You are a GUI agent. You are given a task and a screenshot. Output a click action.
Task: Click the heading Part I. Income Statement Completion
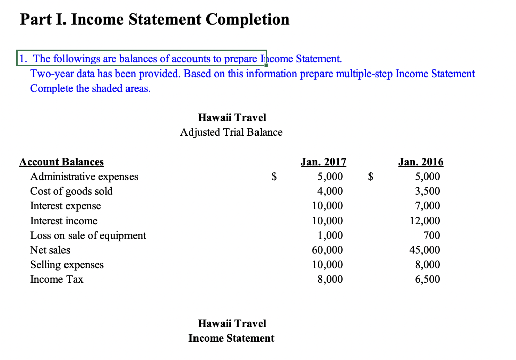pyautogui.click(x=155, y=20)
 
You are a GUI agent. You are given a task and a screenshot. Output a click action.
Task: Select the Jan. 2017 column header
pyautogui.click(x=323, y=162)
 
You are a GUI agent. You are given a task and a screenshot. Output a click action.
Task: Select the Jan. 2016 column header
pyautogui.click(x=421, y=162)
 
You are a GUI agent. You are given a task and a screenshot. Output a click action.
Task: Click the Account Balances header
pyautogui.click(x=61, y=162)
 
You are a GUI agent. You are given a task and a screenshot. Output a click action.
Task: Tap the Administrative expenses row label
pyautogui.click(x=84, y=177)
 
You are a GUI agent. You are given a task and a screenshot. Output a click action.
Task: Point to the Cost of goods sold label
pyautogui.click(x=72, y=191)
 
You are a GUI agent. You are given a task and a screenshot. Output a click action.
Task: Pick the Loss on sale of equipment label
pyautogui.click(x=88, y=236)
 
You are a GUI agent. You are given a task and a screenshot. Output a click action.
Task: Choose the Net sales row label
pyautogui.click(x=50, y=250)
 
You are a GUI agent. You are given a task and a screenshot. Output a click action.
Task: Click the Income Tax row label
pyautogui.click(x=57, y=279)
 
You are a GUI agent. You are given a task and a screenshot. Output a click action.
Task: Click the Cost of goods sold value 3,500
pyautogui.click(x=427, y=191)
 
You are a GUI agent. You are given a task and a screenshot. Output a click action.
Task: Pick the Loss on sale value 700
pyautogui.click(x=432, y=236)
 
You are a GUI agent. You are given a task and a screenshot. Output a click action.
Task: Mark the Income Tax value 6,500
pyautogui.click(x=427, y=279)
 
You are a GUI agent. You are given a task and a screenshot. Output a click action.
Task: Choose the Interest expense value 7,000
pyautogui.click(x=427, y=206)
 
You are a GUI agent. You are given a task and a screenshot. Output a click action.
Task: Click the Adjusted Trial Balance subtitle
pyautogui.click(x=231, y=132)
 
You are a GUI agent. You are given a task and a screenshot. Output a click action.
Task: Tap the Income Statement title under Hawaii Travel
pyautogui.click(x=231, y=338)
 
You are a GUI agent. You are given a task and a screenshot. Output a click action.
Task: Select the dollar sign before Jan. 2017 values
pyautogui.click(x=274, y=177)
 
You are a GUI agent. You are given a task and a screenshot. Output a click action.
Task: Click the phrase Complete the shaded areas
pyautogui.click(x=90, y=88)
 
